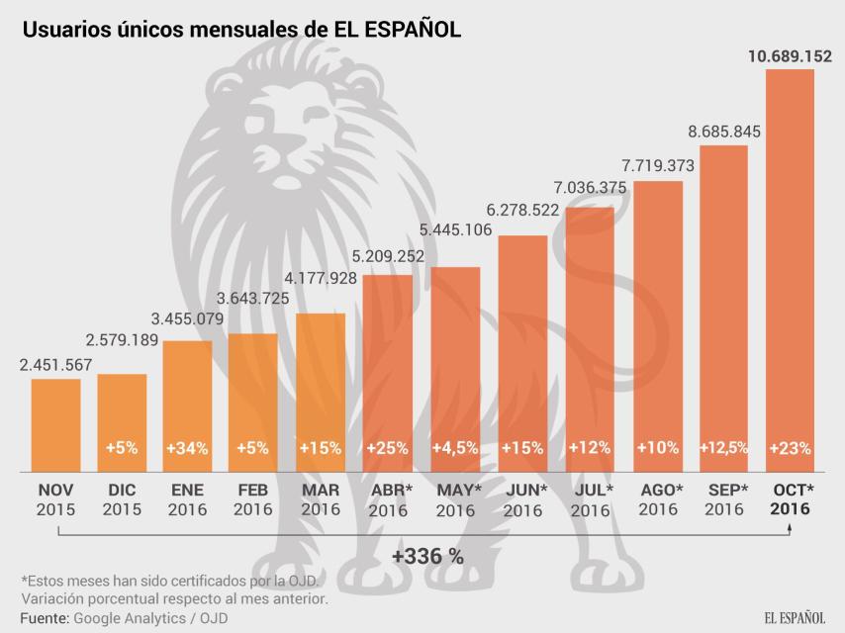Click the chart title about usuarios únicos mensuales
[x=241, y=31]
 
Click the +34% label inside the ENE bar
[x=187, y=448]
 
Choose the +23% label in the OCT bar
[x=790, y=448]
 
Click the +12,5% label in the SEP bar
[x=724, y=448]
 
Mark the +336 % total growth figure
[x=427, y=556]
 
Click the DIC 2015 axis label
[x=122, y=499]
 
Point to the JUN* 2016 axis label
[x=523, y=499]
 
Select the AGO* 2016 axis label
[x=658, y=499]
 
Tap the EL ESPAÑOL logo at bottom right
[x=794, y=617]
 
